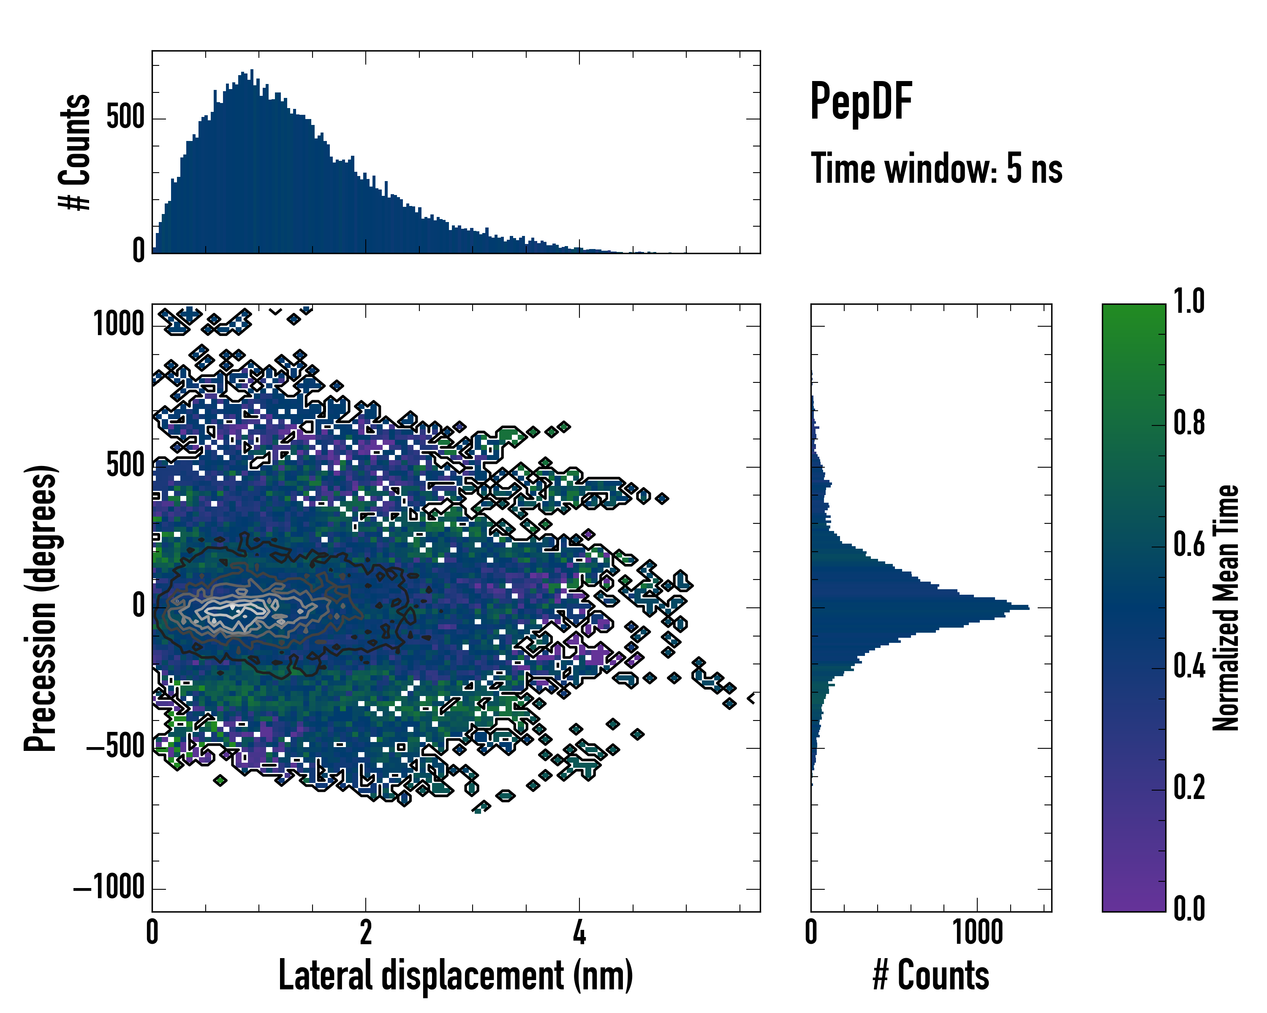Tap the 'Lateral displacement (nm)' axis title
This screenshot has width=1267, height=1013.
pos(455,975)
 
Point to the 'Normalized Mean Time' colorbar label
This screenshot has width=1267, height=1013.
pos(1226,608)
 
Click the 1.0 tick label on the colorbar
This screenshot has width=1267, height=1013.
pos(1189,302)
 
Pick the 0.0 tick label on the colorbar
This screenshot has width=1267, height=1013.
pos(1189,908)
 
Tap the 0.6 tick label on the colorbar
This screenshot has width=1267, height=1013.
pos(1189,544)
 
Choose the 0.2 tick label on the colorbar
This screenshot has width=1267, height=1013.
pos(1189,788)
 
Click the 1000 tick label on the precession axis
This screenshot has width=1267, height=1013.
pos(119,324)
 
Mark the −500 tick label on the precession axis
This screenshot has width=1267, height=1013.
pos(115,747)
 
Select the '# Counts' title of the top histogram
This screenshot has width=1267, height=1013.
pos(75,152)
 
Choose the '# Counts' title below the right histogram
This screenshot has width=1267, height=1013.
pos(931,975)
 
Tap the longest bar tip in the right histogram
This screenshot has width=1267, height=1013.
pos(1027,607)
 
